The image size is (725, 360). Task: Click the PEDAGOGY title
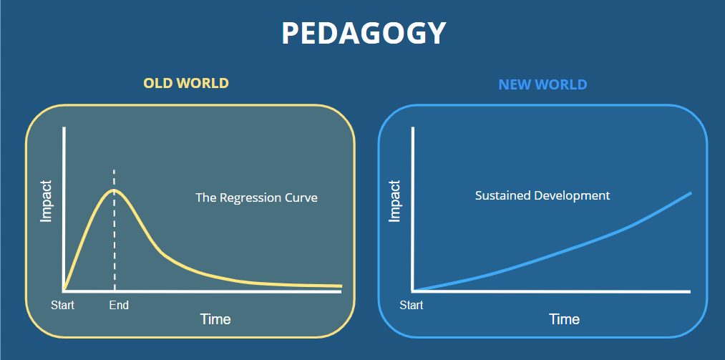(x=364, y=33)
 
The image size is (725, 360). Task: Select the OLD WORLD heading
(x=186, y=83)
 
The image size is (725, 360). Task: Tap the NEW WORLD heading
(x=542, y=84)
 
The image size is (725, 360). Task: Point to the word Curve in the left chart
(x=301, y=198)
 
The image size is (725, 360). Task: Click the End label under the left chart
(x=119, y=306)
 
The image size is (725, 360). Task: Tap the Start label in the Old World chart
(x=62, y=306)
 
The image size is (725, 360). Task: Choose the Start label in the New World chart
(x=412, y=306)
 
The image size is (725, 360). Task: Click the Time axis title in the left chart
(x=215, y=319)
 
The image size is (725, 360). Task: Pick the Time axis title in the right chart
(x=565, y=319)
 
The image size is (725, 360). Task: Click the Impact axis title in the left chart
(x=47, y=201)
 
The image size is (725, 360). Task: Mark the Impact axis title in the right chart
(x=394, y=201)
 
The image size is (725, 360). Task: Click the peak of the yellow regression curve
(x=114, y=190)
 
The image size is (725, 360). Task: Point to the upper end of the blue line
(x=691, y=193)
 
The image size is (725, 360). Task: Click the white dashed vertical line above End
(x=115, y=230)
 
